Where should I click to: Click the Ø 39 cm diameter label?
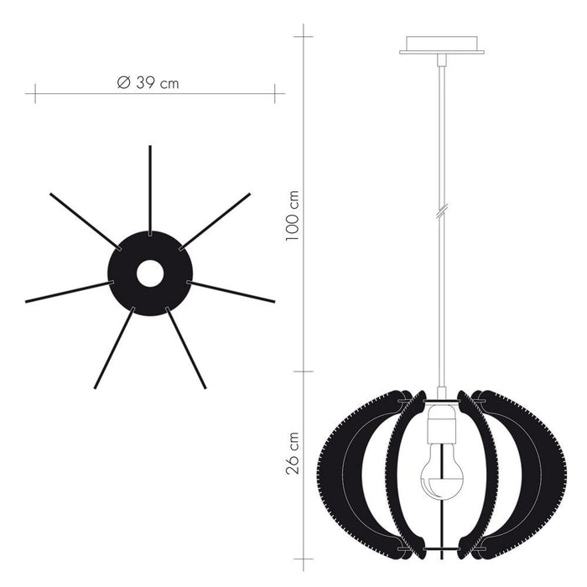148,82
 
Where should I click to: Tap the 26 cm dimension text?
293,454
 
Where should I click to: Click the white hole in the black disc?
150,273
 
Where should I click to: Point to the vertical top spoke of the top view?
150,189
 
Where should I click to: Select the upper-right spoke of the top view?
216,221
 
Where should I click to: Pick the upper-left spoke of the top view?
84,221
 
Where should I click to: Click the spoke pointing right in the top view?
232,292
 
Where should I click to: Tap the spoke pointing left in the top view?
67,292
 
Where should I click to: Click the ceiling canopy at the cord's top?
442,44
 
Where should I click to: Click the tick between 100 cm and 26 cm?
303,371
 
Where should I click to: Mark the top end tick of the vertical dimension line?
303,36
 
